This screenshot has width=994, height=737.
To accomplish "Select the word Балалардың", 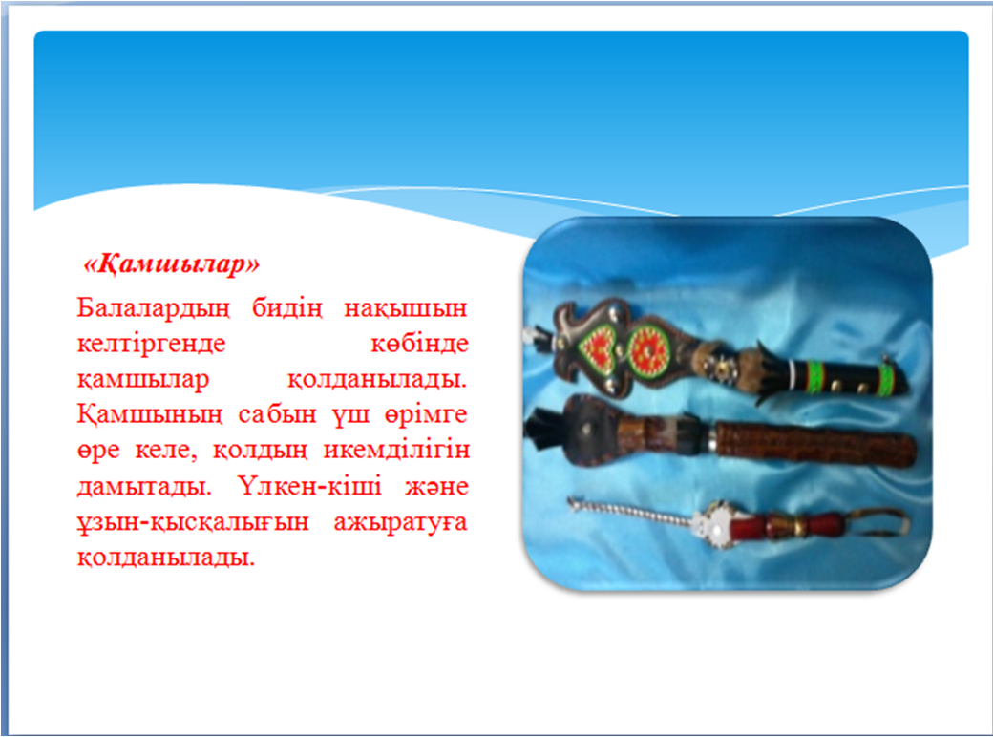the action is pyautogui.click(x=153, y=308).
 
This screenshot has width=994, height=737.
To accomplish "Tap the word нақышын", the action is pyautogui.click(x=406, y=308).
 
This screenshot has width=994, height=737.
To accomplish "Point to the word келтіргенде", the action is pyautogui.click(x=152, y=344).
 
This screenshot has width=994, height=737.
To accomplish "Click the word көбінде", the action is pyautogui.click(x=420, y=344).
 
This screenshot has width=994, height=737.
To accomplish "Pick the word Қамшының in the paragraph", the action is pyautogui.click(x=150, y=415).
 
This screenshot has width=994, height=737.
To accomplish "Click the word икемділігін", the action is pyautogui.click(x=397, y=451).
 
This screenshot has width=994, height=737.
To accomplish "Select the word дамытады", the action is pyautogui.click(x=144, y=487).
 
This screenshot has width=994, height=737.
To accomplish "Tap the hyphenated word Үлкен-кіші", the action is pyautogui.click(x=311, y=486).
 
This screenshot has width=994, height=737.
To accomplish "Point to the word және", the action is pyautogui.click(x=436, y=487).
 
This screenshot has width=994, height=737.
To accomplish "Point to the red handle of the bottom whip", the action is pyautogui.click(x=786, y=524).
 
